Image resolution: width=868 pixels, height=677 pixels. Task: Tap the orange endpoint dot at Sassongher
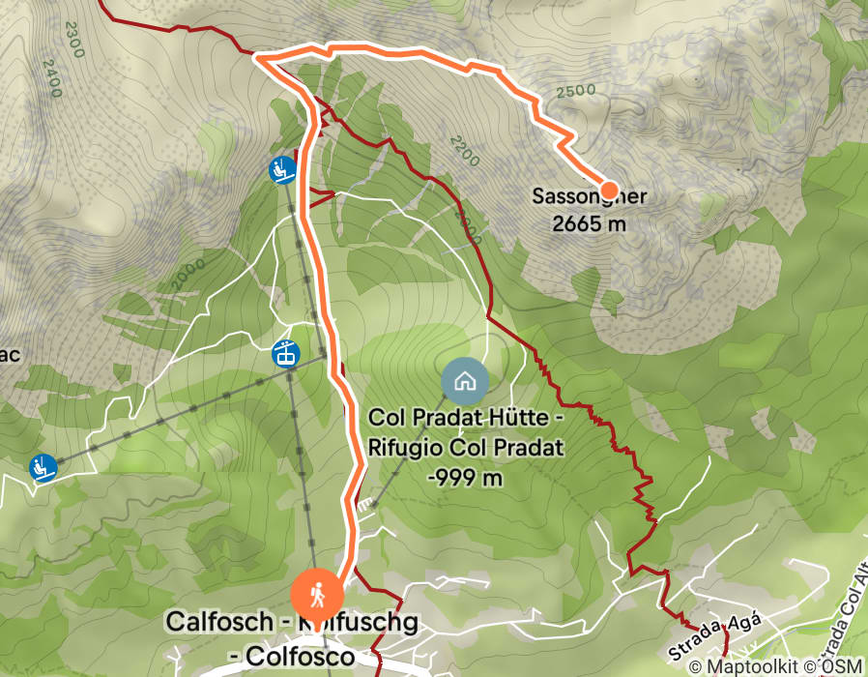click(x=610, y=189)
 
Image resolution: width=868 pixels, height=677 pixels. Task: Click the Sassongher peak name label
click(x=589, y=197)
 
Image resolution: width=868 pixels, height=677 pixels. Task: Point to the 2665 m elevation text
click(x=589, y=223)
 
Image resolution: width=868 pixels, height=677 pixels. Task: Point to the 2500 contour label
click(x=576, y=90)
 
